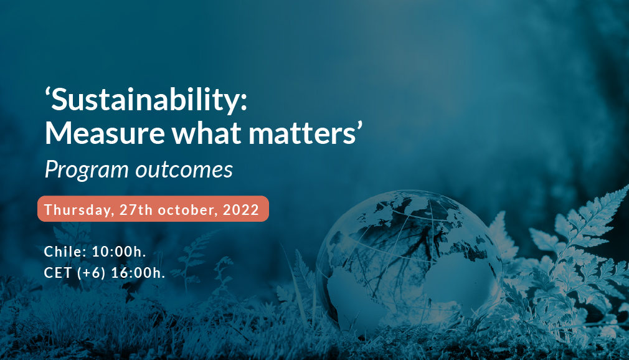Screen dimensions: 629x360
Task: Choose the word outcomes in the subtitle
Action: pos(184,170)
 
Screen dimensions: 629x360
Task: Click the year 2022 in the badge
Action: pos(240,209)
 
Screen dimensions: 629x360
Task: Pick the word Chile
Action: pos(65,252)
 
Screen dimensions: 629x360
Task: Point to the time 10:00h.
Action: pos(119,252)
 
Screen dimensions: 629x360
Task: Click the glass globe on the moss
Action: pos(409,263)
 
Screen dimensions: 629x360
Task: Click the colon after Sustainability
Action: pos(244,103)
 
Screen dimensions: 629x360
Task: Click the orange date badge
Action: pos(153,209)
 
